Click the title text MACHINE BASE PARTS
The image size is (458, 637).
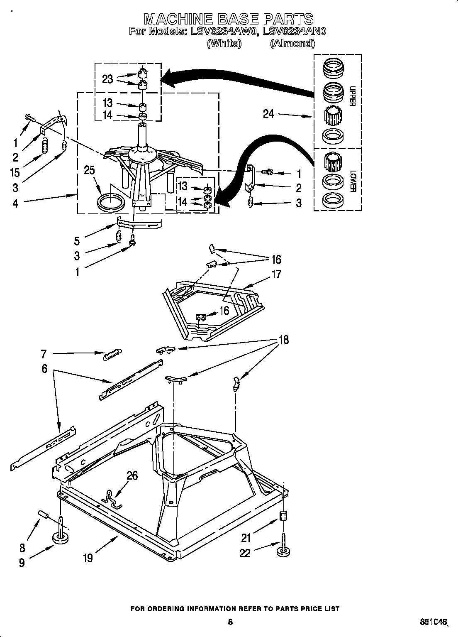pyautogui.click(x=229, y=19)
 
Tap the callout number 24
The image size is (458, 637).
pyautogui.click(x=268, y=113)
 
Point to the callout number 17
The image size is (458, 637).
pyautogui.click(x=276, y=274)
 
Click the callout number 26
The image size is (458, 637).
pyautogui.click(x=132, y=475)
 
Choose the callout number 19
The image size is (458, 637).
pyautogui.click(x=88, y=558)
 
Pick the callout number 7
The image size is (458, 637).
pyautogui.click(x=44, y=354)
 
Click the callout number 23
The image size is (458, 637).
pyautogui.click(x=107, y=79)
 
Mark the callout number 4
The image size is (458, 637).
pyautogui.click(x=15, y=203)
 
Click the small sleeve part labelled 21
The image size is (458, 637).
pyautogui.click(x=283, y=516)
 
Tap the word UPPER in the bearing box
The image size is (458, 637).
pyautogui.click(x=352, y=96)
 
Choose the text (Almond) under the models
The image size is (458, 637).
pyautogui.click(x=292, y=43)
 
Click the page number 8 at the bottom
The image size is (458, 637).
pyautogui.click(x=230, y=622)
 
